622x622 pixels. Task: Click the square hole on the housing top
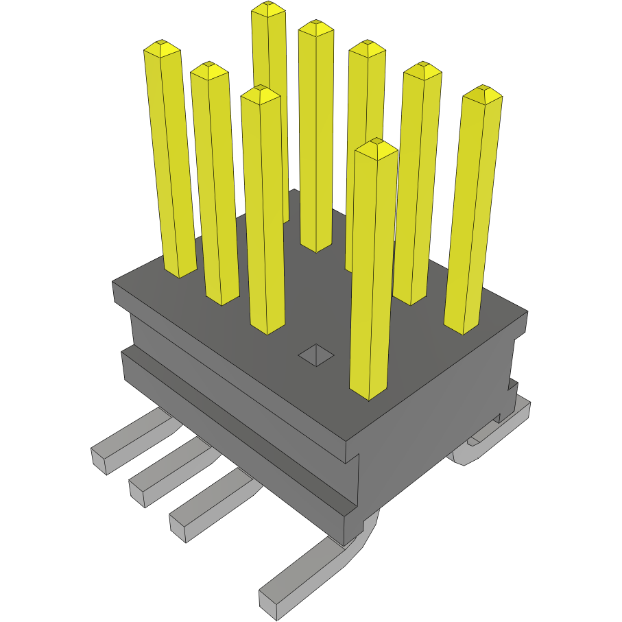point(315,355)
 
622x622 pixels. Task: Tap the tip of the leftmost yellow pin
point(162,49)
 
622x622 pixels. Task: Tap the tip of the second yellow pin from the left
point(208,70)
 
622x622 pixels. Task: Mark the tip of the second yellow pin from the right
point(421,70)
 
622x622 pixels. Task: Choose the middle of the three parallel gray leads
point(165,474)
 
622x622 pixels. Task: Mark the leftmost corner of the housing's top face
point(113,281)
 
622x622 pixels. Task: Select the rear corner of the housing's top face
point(294,190)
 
